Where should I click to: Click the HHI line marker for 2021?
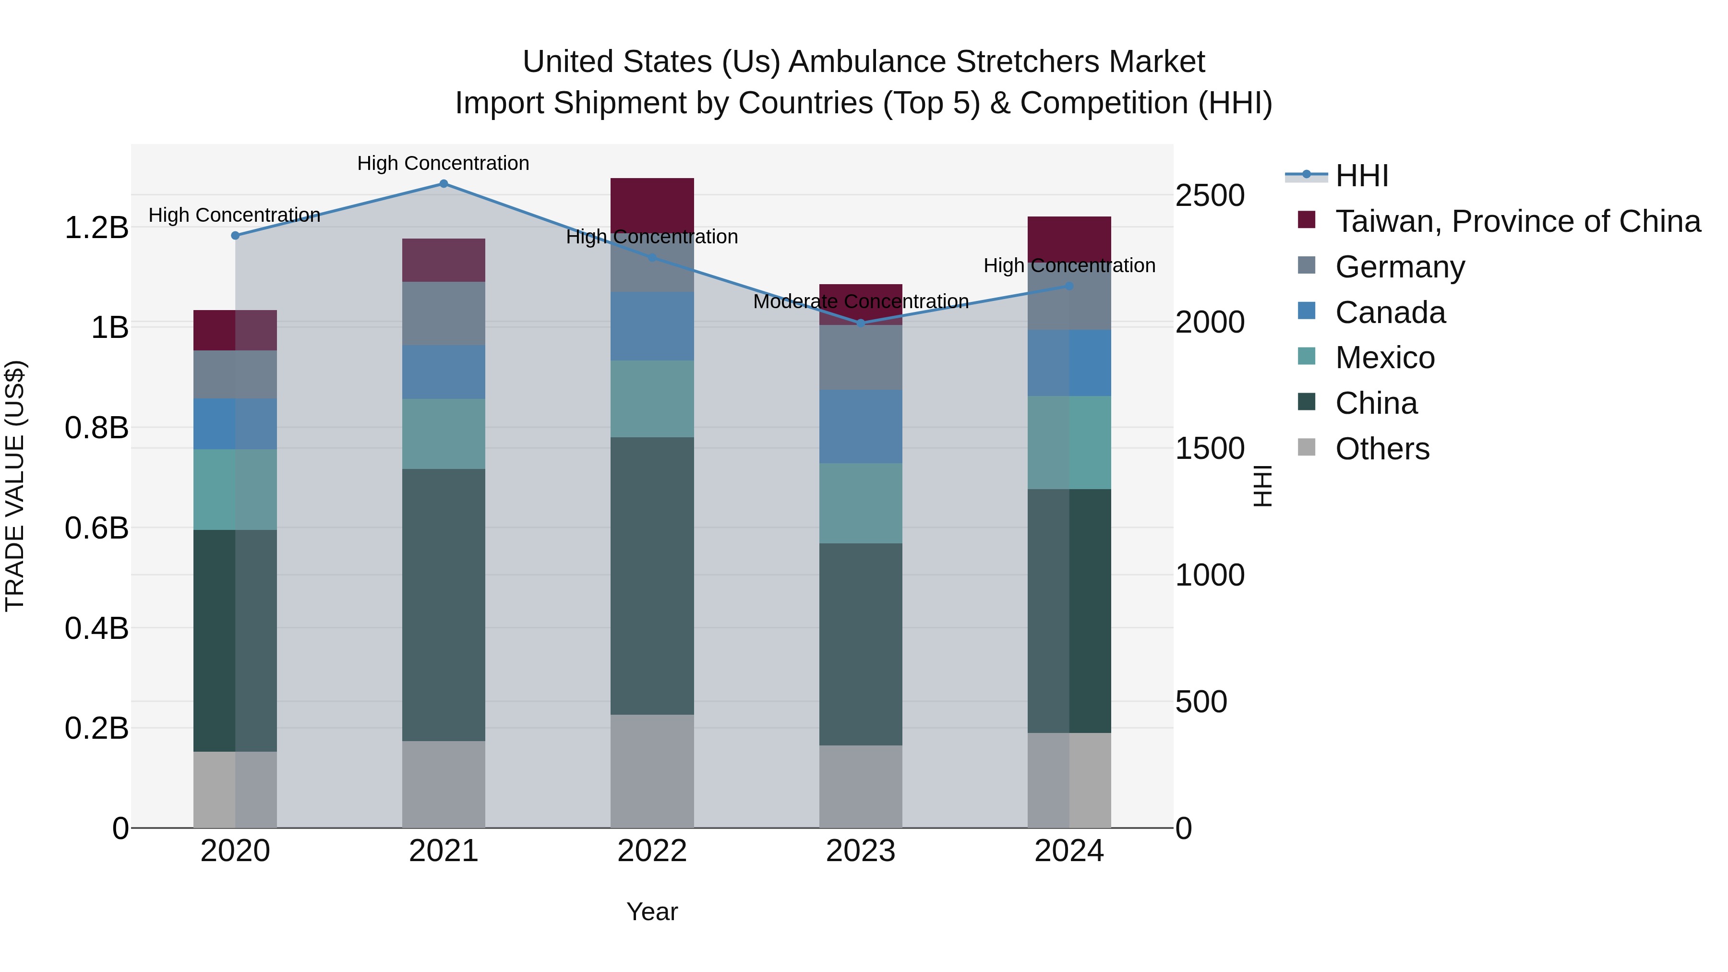tap(444, 184)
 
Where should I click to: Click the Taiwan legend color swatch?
tap(1307, 220)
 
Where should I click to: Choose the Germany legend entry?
tap(1400, 267)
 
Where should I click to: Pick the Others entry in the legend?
tap(1382, 449)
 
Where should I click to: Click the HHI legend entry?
tap(1362, 176)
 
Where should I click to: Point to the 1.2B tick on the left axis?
tap(96, 228)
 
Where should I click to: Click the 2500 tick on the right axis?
tap(1210, 196)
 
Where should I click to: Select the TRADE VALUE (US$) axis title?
tap(15, 486)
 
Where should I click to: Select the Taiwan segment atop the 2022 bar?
tap(652, 204)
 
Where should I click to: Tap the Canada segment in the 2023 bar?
tap(861, 427)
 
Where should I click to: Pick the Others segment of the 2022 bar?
tap(652, 771)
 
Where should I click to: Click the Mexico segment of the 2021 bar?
tap(444, 434)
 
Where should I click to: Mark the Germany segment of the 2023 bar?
tap(861, 358)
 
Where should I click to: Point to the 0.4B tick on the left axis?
tap(96, 628)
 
